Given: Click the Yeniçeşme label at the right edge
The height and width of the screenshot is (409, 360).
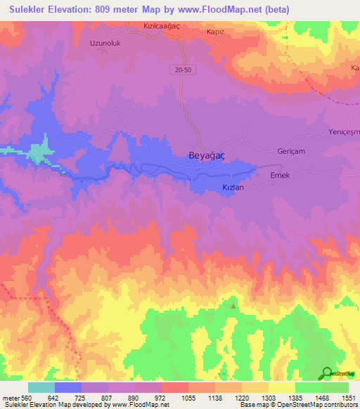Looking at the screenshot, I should (x=344, y=133).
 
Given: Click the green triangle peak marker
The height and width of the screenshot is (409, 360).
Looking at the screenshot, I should (x=233, y=305).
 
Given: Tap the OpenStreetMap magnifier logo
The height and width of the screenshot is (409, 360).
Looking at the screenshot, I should (x=326, y=374).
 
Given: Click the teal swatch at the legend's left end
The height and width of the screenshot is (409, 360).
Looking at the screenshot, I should (x=41, y=387).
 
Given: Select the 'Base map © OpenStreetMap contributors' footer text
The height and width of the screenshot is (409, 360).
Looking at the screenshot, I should (x=298, y=405).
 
